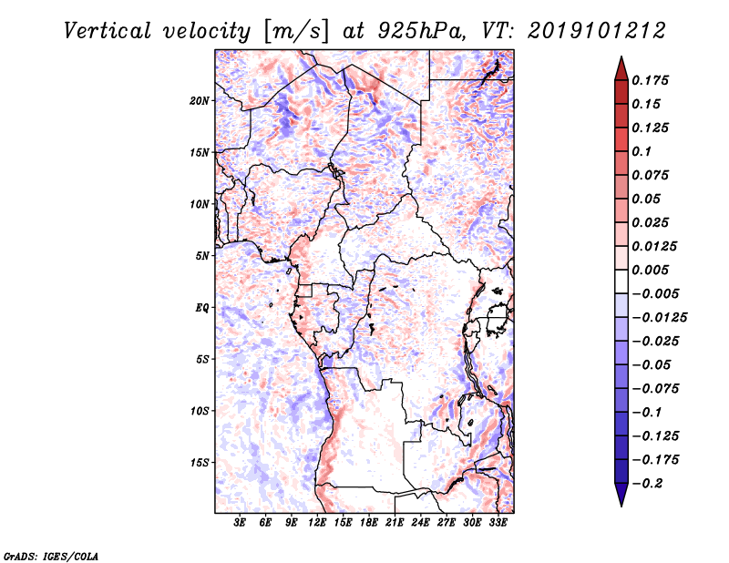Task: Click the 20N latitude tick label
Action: coord(200,101)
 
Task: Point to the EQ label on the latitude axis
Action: coord(201,308)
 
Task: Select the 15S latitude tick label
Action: coord(200,463)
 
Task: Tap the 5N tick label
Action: coord(202,256)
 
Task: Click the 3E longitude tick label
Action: coord(240,523)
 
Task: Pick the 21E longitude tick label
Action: coord(395,523)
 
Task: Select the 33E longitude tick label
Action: coord(498,523)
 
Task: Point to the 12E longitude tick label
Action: coord(317,523)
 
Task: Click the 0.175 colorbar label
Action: coord(650,80)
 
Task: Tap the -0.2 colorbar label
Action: coord(647,484)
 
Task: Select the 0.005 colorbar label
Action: coord(650,270)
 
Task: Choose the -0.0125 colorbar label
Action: coord(659,318)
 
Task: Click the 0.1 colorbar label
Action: coord(642,151)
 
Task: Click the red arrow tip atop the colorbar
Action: coord(621,57)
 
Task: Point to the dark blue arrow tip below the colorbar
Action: coord(621,505)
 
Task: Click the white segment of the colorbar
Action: coord(621,281)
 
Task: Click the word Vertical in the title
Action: coord(108,31)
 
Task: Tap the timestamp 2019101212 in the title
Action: coord(597,31)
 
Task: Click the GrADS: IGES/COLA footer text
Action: coord(51,556)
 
